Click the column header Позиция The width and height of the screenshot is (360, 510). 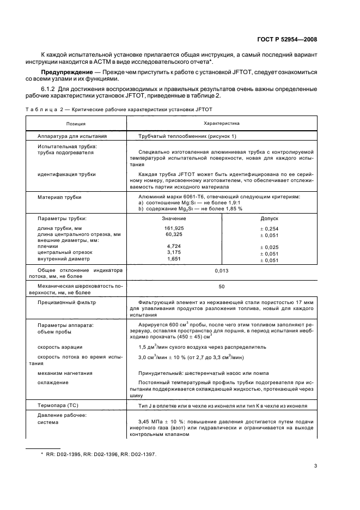coord(76,124)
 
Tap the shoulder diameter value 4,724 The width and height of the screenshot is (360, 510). coord(174,246)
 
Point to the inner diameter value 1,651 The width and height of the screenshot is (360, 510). coord(174,259)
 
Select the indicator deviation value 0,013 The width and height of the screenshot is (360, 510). coord(221,270)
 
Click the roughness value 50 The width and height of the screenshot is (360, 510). coord(221,286)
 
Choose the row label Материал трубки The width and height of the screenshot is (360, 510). coord(59,196)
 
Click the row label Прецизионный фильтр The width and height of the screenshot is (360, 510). coord(66,301)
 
